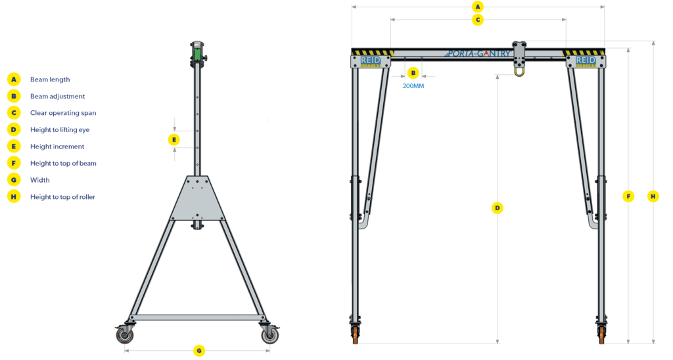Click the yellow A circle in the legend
pyautogui.click(x=14, y=79)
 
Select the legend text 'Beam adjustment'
pyautogui.click(x=57, y=97)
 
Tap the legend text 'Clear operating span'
pyautogui.click(x=63, y=113)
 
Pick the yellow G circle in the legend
pyautogui.click(x=14, y=180)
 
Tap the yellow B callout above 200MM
pyautogui.click(x=413, y=72)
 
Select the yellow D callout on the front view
pyautogui.click(x=498, y=208)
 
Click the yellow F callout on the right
pyautogui.click(x=629, y=196)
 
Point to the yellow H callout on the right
pyautogui.click(x=653, y=196)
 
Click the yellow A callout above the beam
pyautogui.click(x=478, y=7)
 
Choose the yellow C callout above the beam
pyautogui.click(x=478, y=20)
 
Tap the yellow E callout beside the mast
pyautogui.click(x=174, y=139)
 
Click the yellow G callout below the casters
pyautogui.click(x=198, y=351)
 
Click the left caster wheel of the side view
pyautogui.click(x=124, y=336)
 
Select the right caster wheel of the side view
pyautogui.click(x=269, y=336)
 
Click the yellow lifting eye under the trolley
pyautogui.click(x=520, y=70)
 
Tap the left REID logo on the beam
pyautogui.click(x=371, y=61)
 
